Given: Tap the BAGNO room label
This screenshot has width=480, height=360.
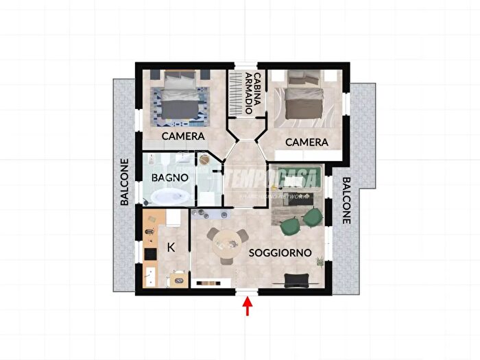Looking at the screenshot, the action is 170,178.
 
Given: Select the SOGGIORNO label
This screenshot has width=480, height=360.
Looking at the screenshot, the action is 280,253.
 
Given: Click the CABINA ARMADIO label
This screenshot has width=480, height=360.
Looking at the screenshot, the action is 253,93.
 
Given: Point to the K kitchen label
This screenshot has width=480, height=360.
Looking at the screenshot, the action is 171,248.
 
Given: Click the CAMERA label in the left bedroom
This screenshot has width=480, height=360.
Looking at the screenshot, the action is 183,136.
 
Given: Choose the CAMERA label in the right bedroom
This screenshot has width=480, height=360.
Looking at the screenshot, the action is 307,142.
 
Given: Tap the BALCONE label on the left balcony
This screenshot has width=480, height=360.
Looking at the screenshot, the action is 124,182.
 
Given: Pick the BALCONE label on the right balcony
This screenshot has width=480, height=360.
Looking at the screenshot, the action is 346,200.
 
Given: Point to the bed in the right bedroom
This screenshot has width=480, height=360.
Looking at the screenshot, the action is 304,95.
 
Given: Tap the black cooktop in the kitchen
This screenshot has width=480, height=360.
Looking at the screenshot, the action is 150,254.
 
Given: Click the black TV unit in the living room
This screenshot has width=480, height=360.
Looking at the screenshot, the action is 297,280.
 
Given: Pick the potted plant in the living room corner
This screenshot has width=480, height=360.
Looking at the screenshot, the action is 320,261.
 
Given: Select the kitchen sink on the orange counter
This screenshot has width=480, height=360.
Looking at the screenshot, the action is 150,276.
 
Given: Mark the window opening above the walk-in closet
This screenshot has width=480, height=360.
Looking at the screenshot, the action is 246,65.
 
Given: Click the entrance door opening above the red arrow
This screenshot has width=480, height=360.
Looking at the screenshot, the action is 248,291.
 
